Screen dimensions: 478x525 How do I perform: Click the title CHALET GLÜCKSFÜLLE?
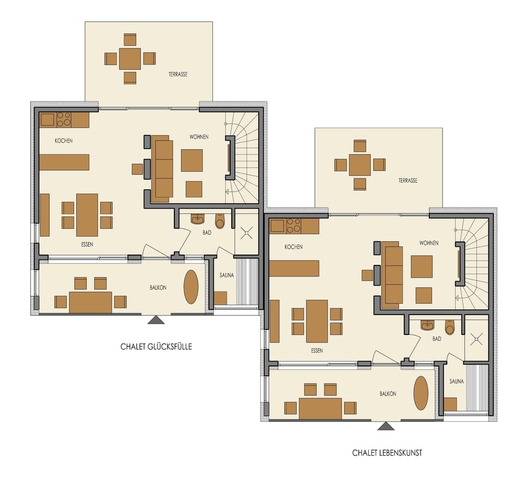click(x=156, y=346)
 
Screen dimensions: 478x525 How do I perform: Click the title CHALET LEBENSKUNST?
click(x=387, y=452)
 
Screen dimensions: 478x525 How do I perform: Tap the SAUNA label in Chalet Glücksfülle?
click(x=226, y=275)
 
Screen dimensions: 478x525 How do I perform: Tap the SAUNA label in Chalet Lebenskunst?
click(x=457, y=381)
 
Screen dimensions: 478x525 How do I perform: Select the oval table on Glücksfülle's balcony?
click(x=191, y=287)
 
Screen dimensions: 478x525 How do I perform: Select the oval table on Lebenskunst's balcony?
click(x=421, y=393)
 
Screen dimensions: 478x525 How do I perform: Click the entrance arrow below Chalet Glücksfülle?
click(x=156, y=320)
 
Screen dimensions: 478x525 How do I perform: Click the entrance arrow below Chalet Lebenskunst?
click(x=386, y=426)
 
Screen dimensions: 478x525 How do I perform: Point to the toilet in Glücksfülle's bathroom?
click(x=220, y=221)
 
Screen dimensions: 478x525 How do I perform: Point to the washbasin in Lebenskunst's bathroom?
click(x=428, y=326)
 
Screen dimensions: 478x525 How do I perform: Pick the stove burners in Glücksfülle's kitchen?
click(x=64, y=120)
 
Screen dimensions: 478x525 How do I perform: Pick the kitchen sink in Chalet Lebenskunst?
click(x=277, y=226)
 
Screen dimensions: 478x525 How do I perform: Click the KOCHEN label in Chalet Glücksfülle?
click(x=63, y=141)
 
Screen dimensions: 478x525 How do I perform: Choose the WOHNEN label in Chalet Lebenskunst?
click(x=429, y=243)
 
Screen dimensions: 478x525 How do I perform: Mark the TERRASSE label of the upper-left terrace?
click(x=178, y=74)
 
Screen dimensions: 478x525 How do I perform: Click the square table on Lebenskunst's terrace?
click(x=359, y=164)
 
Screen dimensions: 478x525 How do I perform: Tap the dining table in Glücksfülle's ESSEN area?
click(x=87, y=215)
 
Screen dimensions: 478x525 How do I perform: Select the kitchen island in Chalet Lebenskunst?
click(x=294, y=268)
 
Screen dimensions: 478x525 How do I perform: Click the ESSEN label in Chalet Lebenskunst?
click(x=317, y=350)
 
